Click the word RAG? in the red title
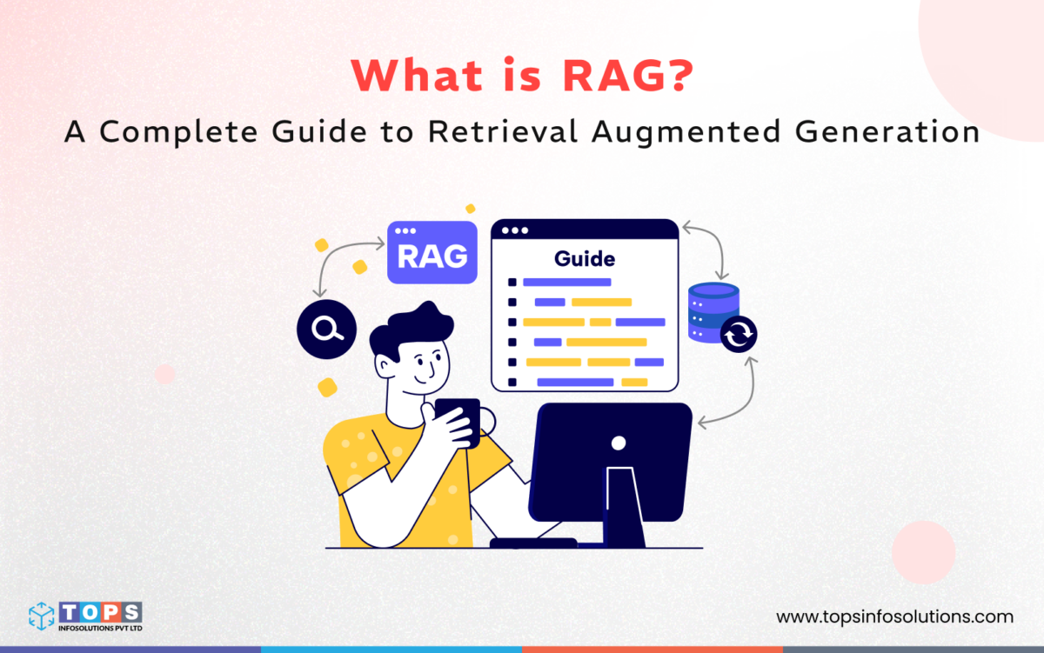tap(622, 77)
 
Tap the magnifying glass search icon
tap(326, 328)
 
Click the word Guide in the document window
tap(585, 258)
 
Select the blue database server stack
tap(713, 310)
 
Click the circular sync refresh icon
tap(739, 334)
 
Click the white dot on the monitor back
tap(618, 443)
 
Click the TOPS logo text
tap(100, 611)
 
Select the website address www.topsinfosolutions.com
tap(894, 616)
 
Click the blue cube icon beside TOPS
tap(42, 616)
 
